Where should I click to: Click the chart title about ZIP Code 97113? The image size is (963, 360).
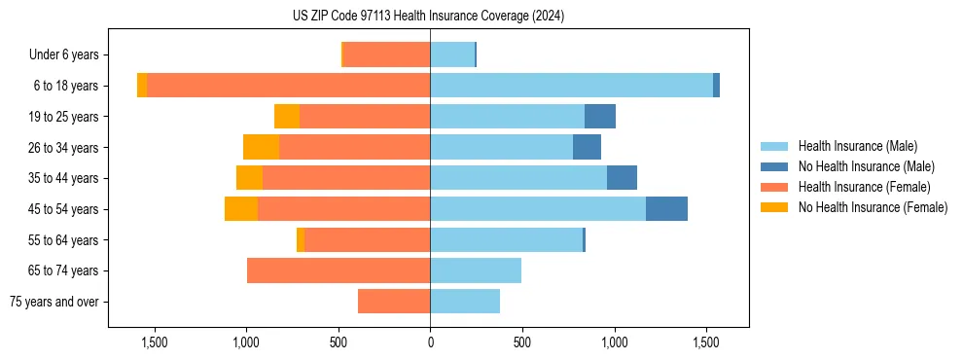428,16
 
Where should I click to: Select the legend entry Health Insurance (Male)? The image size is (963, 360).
857,146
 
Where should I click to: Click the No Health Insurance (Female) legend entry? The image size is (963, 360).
873,207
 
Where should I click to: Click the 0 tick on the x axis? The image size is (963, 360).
430,342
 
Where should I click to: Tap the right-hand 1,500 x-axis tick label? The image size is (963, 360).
706,342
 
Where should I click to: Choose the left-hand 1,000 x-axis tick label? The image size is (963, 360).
246,342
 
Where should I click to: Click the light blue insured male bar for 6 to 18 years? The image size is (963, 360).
571,86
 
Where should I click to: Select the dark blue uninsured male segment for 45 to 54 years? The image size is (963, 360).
666,209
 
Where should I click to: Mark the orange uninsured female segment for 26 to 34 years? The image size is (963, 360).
261,147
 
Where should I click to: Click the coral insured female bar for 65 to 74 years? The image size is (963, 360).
339,270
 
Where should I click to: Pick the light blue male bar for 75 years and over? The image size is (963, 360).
465,302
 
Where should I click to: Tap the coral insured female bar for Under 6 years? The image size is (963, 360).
387,55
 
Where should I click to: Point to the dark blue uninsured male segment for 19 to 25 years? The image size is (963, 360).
600,117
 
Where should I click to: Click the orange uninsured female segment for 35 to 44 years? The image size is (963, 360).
249,178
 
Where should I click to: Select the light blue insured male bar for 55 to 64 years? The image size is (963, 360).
506,239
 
